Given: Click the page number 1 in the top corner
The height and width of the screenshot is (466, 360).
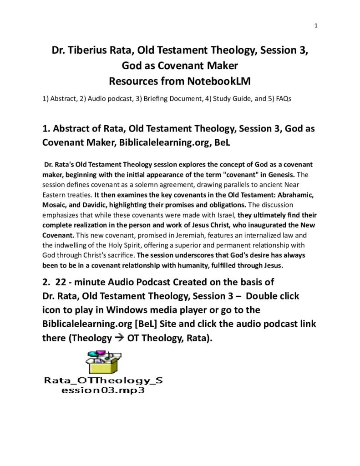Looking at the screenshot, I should (316, 25).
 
